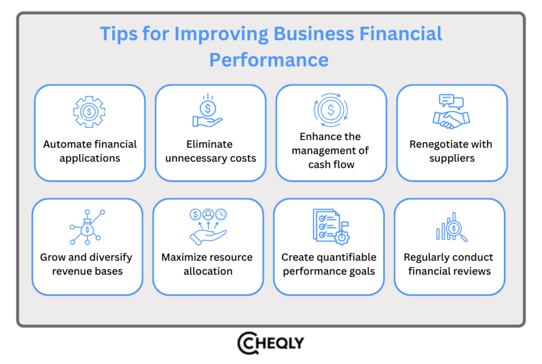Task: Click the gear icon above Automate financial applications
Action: tap(89, 112)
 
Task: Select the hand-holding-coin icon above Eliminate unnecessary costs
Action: tap(207, 111)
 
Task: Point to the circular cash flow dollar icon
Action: tap(331, 110)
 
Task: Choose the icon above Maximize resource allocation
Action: tap(208, 226)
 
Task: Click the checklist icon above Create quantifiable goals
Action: tap(329, 227)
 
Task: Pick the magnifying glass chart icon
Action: tap(451, 227)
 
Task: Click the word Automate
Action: tap(66, 144)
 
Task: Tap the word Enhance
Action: tap(314, 137)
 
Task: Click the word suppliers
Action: tap(452, 158)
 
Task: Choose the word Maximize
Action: tap(183, 258)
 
